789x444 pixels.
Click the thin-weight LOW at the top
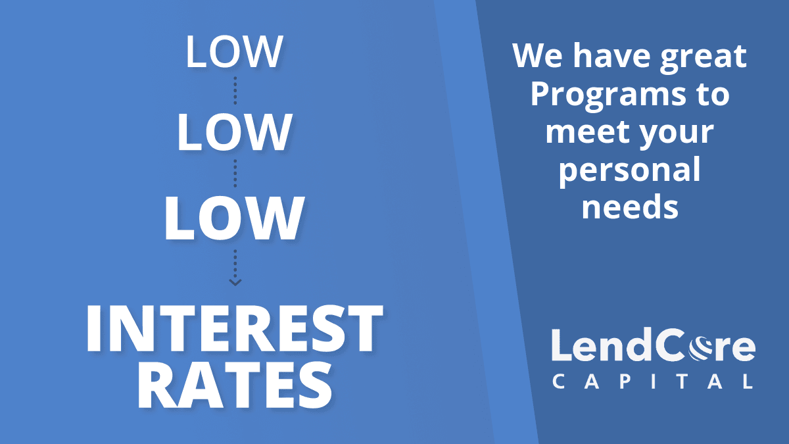click(x=234, y=52)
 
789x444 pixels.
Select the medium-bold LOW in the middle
click(x=234, y=132)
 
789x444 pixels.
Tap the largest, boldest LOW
click(x=234, y=218)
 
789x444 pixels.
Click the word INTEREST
click(x=235, y=328)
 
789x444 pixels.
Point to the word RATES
click(x=235, y=386)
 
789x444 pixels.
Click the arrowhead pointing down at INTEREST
click(x=235, y=282)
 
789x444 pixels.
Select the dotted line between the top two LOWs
click(x=235, y=91)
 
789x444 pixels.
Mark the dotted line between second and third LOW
click(x=235, y=174)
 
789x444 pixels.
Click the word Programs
click(x=608, y=96)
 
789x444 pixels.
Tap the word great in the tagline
click(x=704, y=57)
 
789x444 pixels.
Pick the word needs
click(x=630, y=207)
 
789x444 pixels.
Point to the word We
click(x=538, y=56)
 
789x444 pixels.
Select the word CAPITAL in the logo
click(x=653, y=382)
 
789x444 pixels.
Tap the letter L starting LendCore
click(x=561, y=345)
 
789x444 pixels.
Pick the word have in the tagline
click(x=611, y=56)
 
